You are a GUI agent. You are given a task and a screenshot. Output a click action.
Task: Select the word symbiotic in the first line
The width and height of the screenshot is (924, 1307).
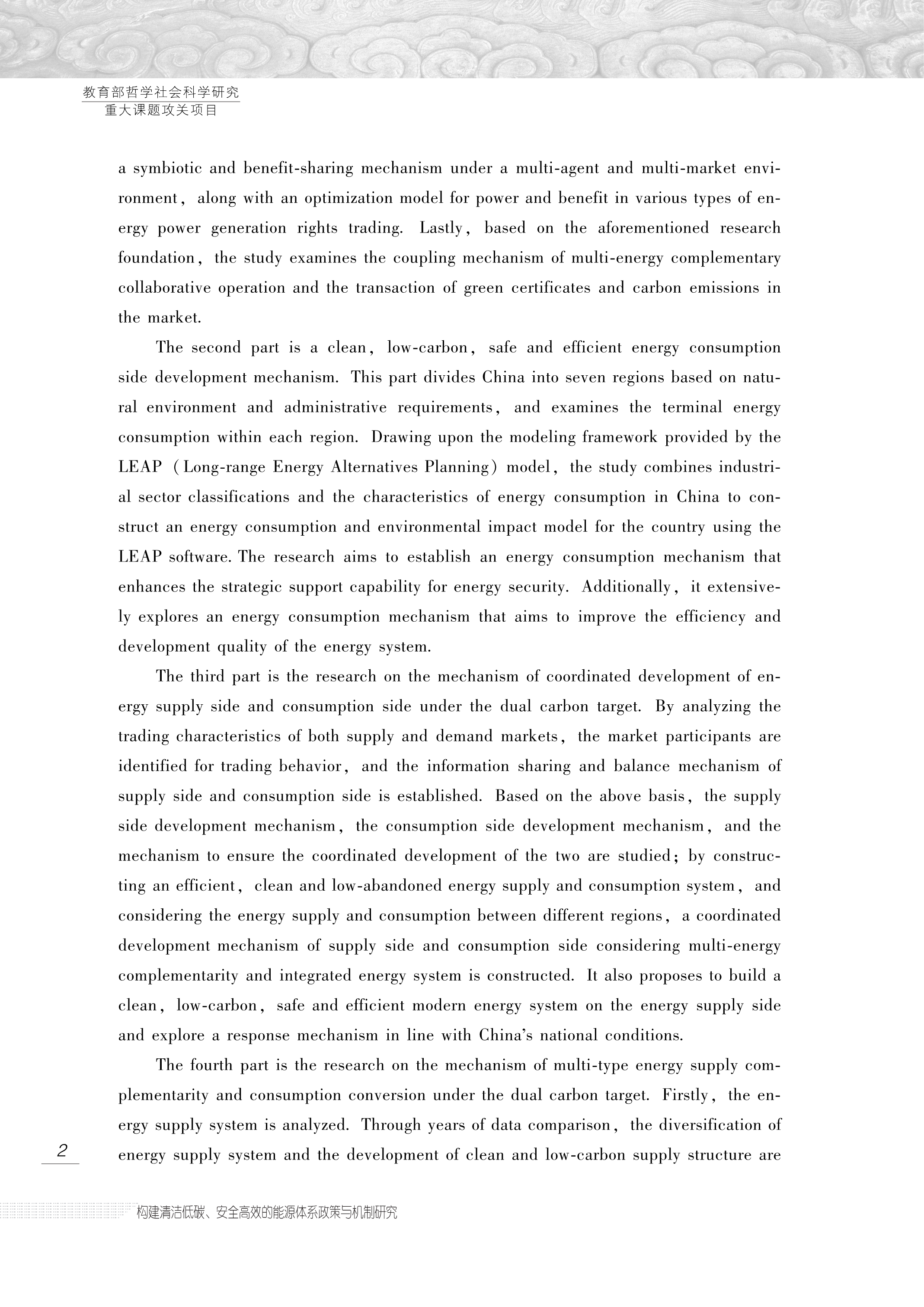pos(166,169)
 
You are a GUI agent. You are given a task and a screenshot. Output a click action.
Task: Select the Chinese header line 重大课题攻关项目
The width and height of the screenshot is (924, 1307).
pos(161,110)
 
